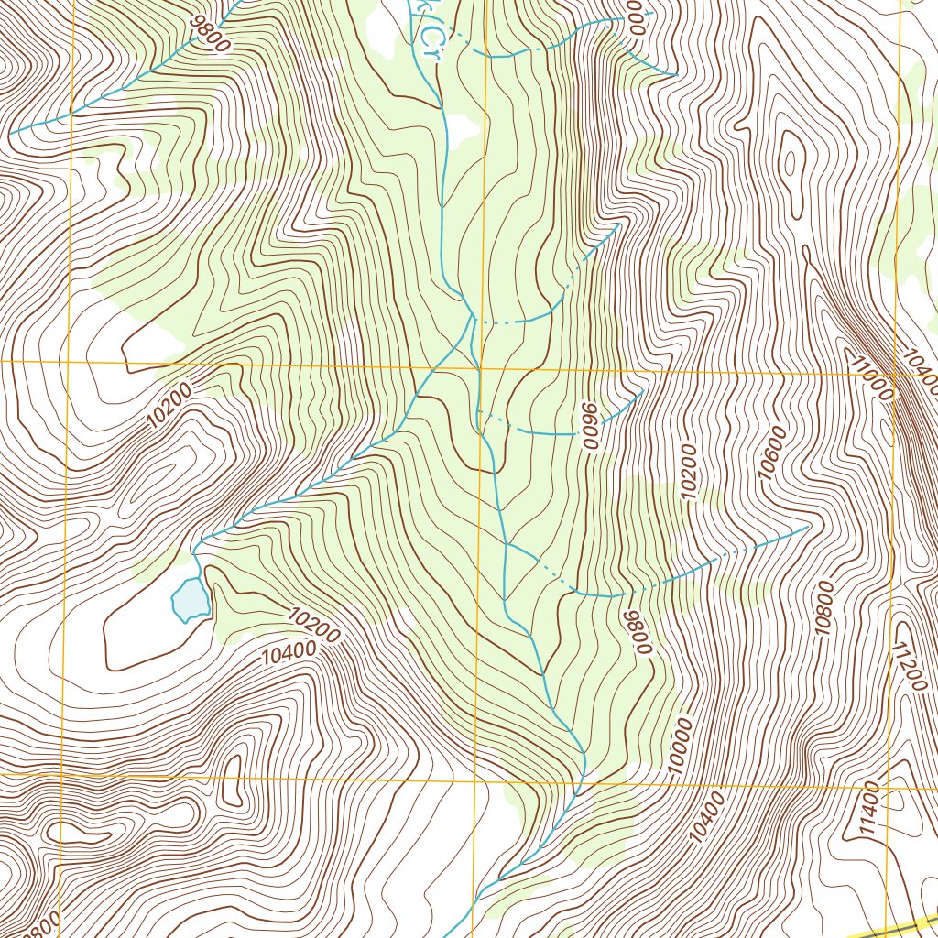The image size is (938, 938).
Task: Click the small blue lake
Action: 191,600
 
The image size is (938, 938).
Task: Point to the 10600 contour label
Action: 772,451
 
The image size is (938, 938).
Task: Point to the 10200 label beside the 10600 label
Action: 689,472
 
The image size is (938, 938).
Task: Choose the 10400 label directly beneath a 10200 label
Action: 288,653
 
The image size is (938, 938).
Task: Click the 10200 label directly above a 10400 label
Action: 313,626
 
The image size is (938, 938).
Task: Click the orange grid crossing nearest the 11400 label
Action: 888,786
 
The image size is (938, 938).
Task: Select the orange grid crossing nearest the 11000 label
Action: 893,375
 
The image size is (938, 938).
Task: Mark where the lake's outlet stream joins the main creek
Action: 473,316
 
